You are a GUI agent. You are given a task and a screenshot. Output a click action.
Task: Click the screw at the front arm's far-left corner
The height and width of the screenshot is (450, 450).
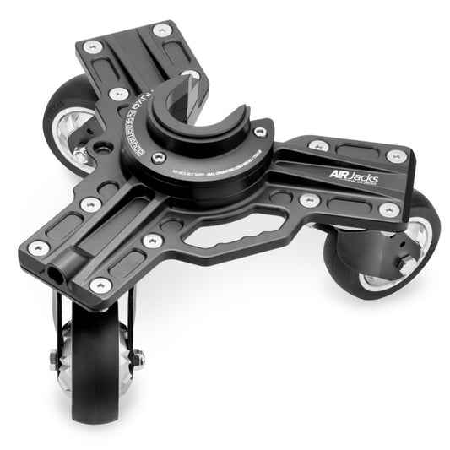pyautogui.click(x=37, y=247)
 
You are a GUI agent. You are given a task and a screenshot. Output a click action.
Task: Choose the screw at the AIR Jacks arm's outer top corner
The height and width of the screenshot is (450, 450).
pyautogui.click(x=393, y=156)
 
